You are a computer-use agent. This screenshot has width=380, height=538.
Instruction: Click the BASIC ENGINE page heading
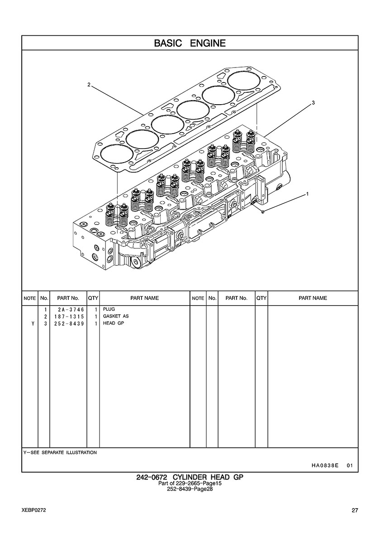(190, 43)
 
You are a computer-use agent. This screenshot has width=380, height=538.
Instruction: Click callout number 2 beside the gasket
(89, 85)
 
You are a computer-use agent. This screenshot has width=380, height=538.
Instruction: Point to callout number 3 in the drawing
(313, 103)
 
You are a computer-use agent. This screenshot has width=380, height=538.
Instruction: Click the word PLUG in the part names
(109, 309)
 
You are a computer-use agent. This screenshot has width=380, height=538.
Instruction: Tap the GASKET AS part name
(116, 316)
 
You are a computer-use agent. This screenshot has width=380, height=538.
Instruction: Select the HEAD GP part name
(113, 323)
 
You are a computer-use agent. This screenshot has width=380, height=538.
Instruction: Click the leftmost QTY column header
(93, 298)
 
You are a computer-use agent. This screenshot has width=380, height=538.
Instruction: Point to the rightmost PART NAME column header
(313, 298)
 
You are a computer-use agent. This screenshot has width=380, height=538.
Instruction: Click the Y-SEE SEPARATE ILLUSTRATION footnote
(60, 452)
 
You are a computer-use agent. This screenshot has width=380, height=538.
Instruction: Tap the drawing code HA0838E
(325, 465)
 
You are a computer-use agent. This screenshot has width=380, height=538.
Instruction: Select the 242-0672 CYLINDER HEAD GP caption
(190, 477)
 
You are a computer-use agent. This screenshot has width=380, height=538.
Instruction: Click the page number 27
(355, 510)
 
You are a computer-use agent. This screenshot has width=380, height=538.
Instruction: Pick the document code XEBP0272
(33, 510)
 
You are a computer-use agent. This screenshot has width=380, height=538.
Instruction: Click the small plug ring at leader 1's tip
(263, 211)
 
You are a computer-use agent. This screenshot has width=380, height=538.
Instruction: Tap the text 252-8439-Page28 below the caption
(190, 489)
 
